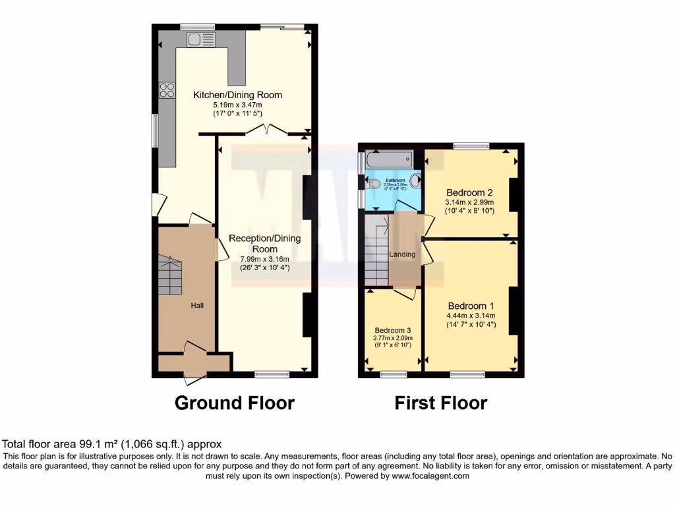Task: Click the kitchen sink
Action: pos(197,40)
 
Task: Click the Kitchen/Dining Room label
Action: pos(237,95)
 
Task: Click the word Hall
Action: pos(197,306)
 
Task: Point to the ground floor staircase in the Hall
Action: pos(170,277)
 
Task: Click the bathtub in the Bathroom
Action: pos(389,159)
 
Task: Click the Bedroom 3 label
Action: pos(393,330)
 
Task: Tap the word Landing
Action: pos(403,254)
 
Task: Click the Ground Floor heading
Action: pos(234,403)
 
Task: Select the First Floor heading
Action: pos(440,403)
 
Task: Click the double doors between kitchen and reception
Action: pos(266,130)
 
